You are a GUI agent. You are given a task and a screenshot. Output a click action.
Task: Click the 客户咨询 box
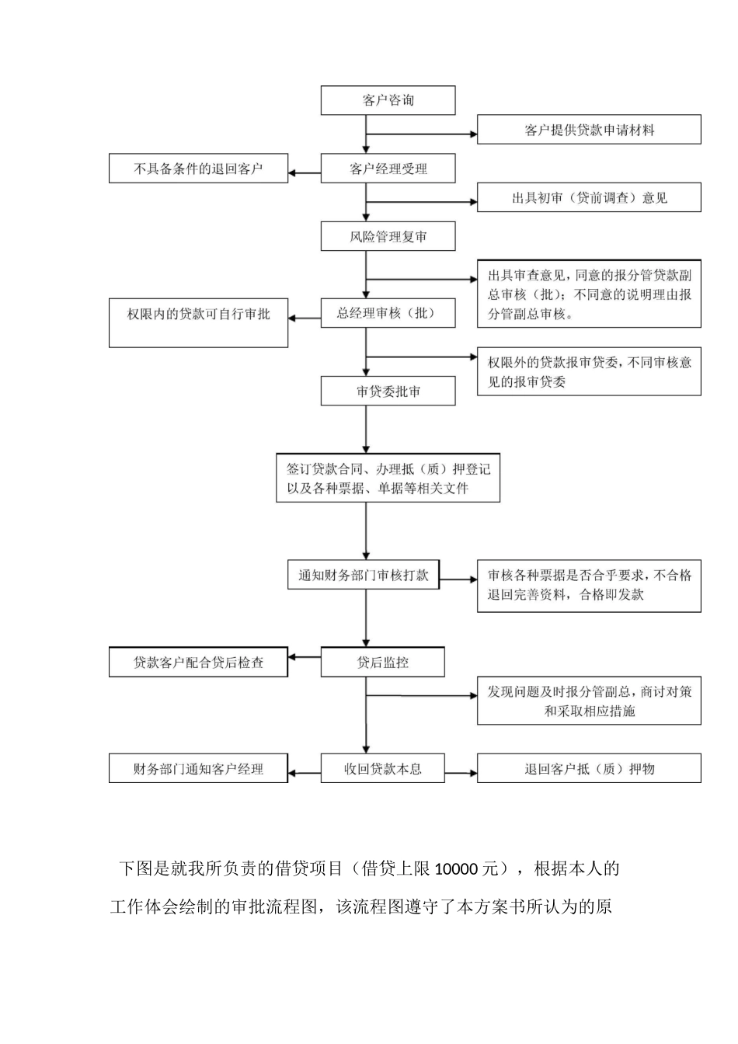click(388, 100)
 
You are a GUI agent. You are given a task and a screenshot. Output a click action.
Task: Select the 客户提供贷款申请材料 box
click(589, 130)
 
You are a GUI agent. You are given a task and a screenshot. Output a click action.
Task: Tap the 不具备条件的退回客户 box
click(198, 169)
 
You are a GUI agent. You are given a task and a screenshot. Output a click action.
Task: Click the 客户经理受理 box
click(388, 169)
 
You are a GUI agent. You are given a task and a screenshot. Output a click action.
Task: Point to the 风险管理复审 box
click(388, 236)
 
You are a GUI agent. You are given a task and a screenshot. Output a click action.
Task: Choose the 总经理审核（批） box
click(388, 313)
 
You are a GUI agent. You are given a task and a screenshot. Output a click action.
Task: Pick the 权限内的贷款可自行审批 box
click(198, 322)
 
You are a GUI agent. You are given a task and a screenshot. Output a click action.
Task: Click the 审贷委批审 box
click(388, 391)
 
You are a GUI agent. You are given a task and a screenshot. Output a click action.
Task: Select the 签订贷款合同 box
click(388, 478)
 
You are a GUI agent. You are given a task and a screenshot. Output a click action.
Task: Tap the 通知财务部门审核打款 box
click(364, 576)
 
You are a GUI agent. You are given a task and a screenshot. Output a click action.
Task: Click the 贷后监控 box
click(382, 663)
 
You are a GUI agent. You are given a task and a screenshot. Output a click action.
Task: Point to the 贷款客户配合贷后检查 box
click(198, 663)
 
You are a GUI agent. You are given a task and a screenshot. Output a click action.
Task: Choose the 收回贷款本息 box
click(382, 769)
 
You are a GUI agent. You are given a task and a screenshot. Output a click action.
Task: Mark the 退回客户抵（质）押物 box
click(589, 769)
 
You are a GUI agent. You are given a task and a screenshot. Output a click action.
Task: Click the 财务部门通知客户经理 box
click(198, 769)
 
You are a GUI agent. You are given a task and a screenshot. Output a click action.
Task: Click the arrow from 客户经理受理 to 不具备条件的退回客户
click(305, 172)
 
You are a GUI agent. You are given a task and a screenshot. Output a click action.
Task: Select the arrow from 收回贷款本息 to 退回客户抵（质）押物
click(461, 773)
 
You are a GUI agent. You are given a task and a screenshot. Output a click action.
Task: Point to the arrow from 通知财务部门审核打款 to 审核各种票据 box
click(458, 579)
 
